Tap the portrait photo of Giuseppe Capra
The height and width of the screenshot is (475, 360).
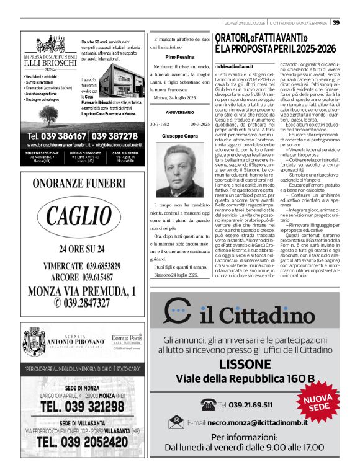pyautogui.click(x=179, y=169)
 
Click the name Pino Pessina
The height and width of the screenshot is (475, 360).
pyautogui.click(x=179, y=56)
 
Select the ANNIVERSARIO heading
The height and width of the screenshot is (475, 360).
pyautogui.click(x=179, y=112)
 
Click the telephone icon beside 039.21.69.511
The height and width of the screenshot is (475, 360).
pyautogui.click(x=208, y=405)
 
